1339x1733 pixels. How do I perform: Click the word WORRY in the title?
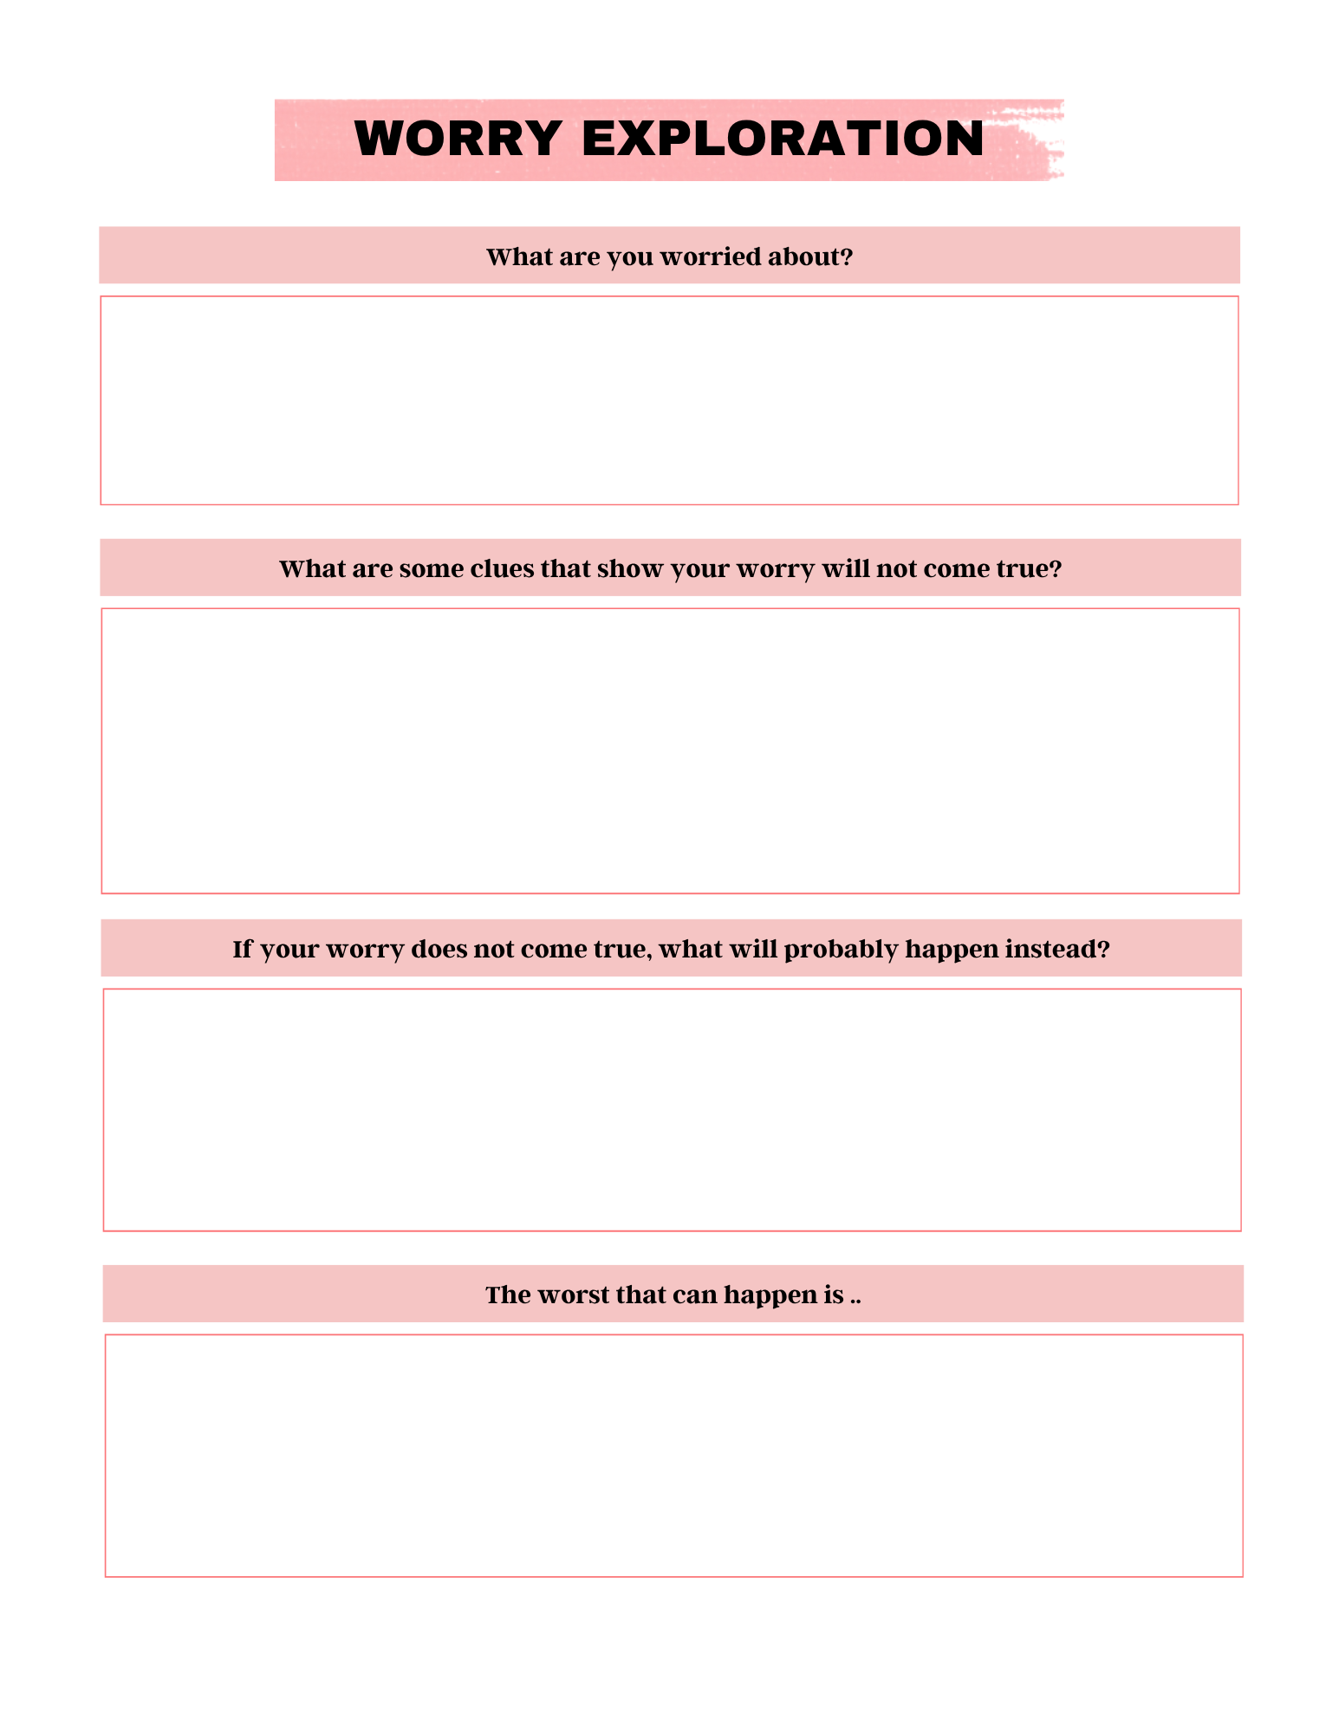[458, 139]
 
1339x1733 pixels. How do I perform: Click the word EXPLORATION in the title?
[783, 139]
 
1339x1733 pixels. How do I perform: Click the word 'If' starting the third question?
[242, 949]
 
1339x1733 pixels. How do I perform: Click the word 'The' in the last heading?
[507, 1295]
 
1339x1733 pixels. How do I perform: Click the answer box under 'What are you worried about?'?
[669, 400]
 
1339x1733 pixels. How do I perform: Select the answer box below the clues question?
[670, 750]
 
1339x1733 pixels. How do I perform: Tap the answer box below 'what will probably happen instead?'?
[672, 1109]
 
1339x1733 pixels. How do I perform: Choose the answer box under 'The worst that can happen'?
[673, 1456]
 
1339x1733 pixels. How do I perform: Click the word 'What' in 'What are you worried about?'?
[514, 256]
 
